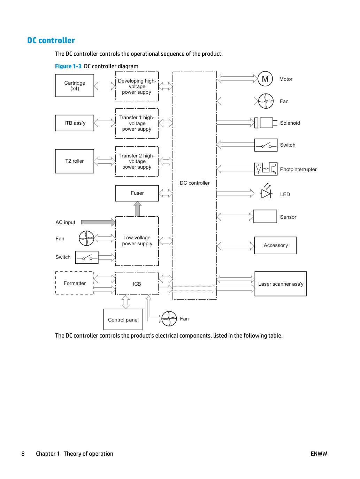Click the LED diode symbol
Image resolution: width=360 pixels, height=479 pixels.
(x=266, y=191)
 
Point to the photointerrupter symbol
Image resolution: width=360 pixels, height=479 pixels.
(x=266, y=169)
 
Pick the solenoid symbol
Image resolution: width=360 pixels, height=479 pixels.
(x=266, y=123)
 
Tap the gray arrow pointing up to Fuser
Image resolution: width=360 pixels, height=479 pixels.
(x=138, y=209)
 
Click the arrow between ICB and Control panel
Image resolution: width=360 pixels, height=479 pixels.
(x=125, y=302)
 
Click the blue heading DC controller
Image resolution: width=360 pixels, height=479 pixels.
(x=51, y=40)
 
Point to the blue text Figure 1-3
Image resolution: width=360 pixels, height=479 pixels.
(x=68, y=66)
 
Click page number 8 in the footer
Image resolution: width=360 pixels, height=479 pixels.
(x=23, y=454)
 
